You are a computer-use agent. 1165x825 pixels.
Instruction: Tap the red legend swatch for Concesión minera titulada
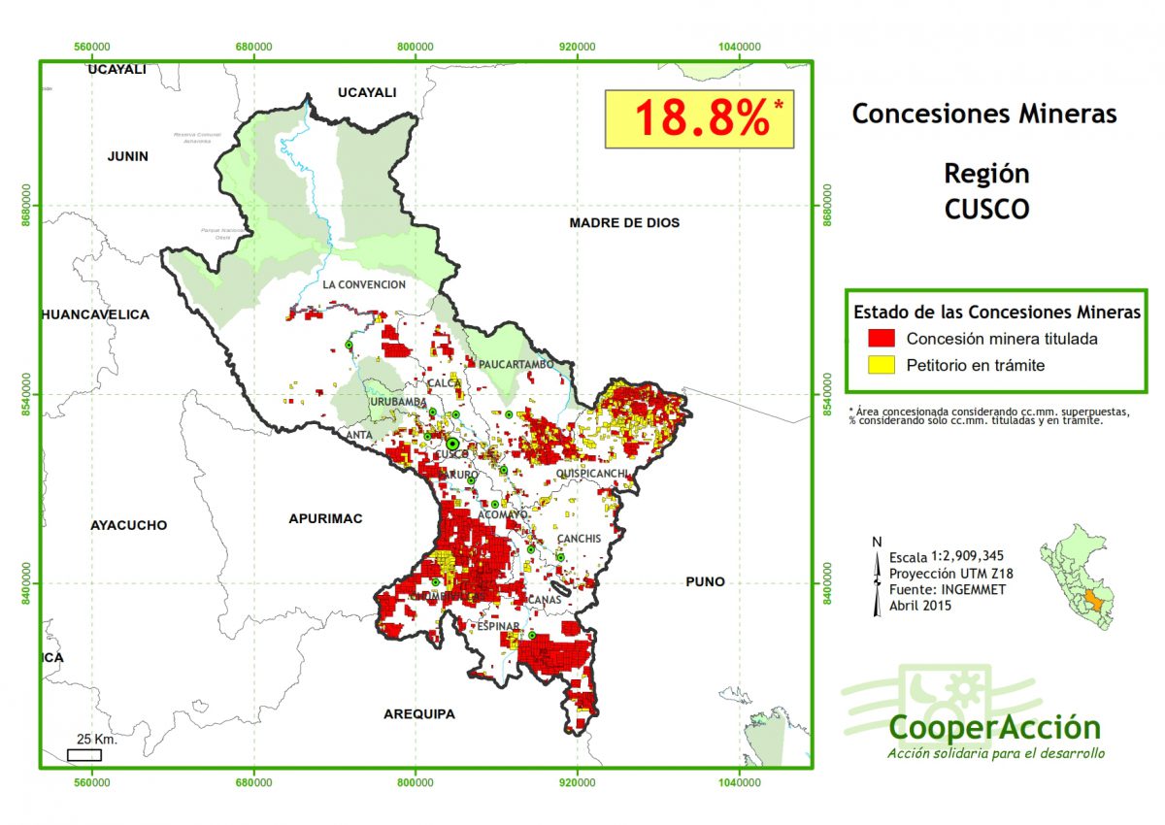tap(882, 339)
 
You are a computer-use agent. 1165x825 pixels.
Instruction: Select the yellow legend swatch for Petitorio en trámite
tap(882, 365)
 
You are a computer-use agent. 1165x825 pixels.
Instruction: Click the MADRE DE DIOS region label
tap(624, 223)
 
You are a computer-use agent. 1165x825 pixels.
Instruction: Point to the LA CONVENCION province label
tap(364, 284)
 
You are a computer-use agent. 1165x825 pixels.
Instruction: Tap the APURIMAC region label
tap(325, 519)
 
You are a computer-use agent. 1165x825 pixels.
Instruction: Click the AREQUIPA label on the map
tap(419, 714)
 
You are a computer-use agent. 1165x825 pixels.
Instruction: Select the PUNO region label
tap(705, 582)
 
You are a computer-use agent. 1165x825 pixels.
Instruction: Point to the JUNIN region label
tap(128, 156)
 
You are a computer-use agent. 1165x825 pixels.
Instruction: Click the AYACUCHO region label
tap(128, 525)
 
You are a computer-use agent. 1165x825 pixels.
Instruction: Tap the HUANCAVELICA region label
tap(95, 314)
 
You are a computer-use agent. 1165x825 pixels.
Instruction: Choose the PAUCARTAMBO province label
tap(516, 364)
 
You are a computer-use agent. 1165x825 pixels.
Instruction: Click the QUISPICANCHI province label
tap(593, 474)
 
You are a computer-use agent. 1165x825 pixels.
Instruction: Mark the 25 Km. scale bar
tap(84, 754)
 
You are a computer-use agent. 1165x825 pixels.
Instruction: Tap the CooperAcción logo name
tap(994, 727)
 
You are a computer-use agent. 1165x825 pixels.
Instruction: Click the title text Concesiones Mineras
tap(984, 115)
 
